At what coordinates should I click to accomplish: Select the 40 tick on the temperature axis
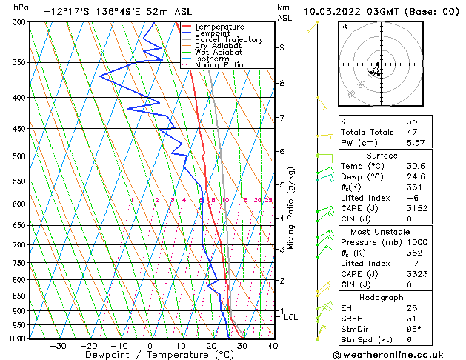[x=272, y=345]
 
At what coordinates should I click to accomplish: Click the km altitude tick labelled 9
[x=282, y=47]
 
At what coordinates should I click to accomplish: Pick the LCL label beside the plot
[x=291, y=317]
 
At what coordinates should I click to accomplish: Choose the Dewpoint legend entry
[x=213, y=33]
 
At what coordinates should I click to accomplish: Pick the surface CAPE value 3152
[x=416, y=209]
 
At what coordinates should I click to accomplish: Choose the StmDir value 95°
[x=413, y=329]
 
